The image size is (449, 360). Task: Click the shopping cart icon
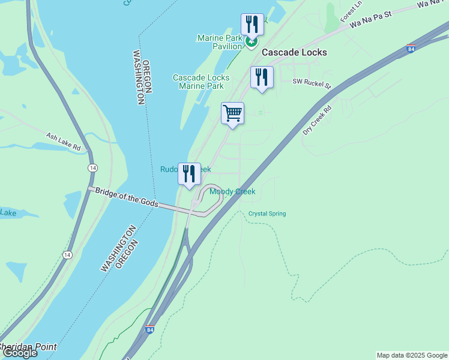click(x=232, y=113)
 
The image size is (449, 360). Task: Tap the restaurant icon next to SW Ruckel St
click(x=262, y=77)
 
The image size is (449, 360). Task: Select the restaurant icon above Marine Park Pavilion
click(x=252, y=25)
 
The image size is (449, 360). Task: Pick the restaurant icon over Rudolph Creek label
click(x=189, y=174)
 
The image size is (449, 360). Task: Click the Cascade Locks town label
click(x=294, y=52)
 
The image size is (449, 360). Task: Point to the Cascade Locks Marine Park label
click(x=200, y=82)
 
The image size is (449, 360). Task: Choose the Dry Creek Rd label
click(x=318, y=121)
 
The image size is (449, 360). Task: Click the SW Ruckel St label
click(x=312, y=82)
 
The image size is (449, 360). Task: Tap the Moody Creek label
click(x=232, y=191)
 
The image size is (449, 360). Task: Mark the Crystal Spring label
click(x=267, y=214)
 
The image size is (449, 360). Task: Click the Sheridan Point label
click(x=29, y=347)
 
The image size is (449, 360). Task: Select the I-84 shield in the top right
click(x=410, y=49)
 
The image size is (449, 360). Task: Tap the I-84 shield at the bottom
click(x=149, y=329)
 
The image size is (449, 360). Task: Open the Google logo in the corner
click(x=19, y=353)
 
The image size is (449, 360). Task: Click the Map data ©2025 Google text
click(x=411, y=355)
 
